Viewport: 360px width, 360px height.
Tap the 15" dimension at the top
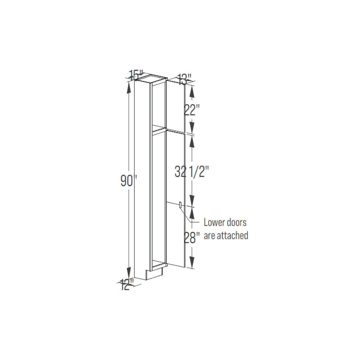pyautogui.click(x=136, y=75)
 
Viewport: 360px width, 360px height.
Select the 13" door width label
pyautogui.click(x=185, y=79)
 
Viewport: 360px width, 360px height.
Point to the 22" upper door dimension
pyautogui.click(x=190, y=110)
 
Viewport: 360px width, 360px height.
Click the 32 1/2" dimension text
pyautogui.click(x=192, y=172)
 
